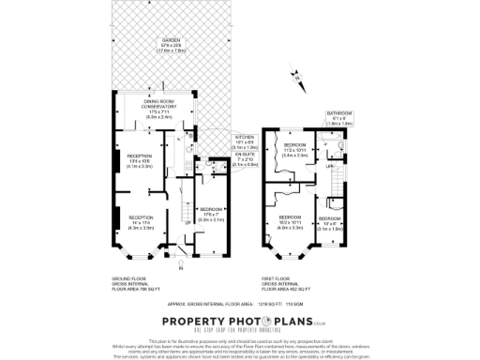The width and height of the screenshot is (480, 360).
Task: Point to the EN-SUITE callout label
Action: (245, 158)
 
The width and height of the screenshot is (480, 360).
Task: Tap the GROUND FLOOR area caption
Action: (130, 283)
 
